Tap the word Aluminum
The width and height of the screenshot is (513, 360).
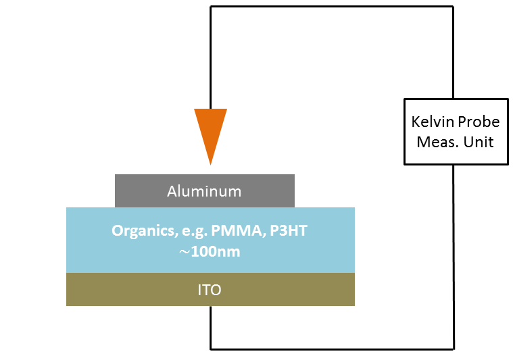pyautogui.click(x=204, y=191)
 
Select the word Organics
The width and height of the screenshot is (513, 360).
pyautogui.click(x=144, y=231)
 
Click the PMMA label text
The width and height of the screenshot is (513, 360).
pyautogui.click(x=236, y=230)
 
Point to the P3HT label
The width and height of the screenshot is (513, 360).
pyautogui.click(x=289, y=230)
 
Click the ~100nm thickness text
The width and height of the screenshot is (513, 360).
pyautogui.click(x=210, y=252)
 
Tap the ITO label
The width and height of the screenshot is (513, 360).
pyautogui.click(x=210, y=290)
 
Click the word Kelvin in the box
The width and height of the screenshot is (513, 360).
pyautogui.click(x=433, y=122)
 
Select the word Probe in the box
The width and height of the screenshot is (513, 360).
pyautogui.click(x=479, y=122)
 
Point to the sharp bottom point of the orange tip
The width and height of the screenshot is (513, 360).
pyautogui.click(x=210, y=165)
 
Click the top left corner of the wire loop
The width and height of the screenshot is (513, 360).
pyautogui.click(x=211, y=7)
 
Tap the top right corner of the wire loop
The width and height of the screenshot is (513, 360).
pyautogui.click(x=453, y=7)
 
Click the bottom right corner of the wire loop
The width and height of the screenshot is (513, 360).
pyautogui.click(x=454, y=349)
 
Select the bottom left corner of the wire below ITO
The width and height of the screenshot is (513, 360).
pyautogui.click(x=211, y=349)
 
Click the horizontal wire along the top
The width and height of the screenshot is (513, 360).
pyautogui.click(x=332, y=7)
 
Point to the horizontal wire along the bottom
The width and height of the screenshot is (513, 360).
pyautogui.click(x=332, y=349)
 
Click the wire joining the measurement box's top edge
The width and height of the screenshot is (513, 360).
pyautogui.click(x=453, y=52)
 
